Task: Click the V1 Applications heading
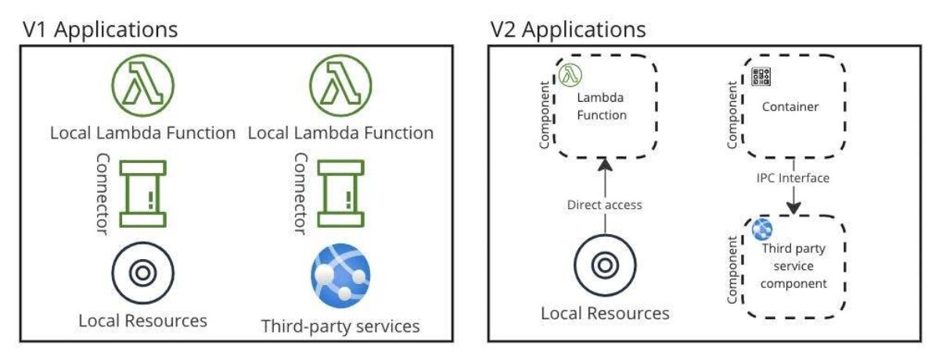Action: click(99, 31)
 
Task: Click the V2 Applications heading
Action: click(568, 31)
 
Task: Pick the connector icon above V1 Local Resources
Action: click(142, 193)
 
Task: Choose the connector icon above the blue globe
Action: click(340, 193)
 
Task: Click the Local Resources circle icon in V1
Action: click(142, 273)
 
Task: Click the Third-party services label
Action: click(340, 326)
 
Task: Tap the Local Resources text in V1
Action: click(142, 321)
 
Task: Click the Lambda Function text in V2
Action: click(602, 107)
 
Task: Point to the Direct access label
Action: click(603, 205)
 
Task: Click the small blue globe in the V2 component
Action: click(761, 230)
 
